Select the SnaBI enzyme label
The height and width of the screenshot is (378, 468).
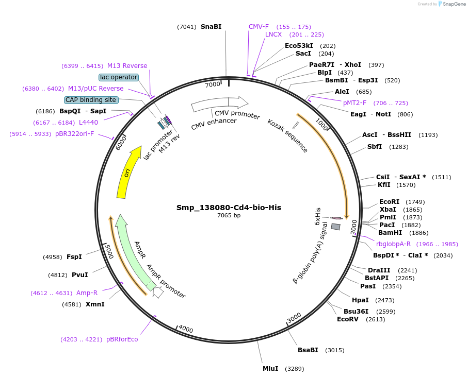coord(211,27)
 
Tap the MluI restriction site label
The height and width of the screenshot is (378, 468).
coord(270,369)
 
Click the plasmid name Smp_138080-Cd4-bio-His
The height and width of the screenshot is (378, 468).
coord(229,208)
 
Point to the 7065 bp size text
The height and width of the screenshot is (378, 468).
coord(229,216)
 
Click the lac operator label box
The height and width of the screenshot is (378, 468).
coord(119,77)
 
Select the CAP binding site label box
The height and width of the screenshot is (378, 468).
coord(91,100)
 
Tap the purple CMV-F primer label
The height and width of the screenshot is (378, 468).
coord(259,27)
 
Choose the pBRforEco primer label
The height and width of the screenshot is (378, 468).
coord(122,339)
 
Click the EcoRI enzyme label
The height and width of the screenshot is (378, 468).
coord(389,202)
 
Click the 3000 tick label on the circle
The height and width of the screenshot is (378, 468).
coord(294,318)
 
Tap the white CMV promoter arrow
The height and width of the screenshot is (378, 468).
coord(219,104)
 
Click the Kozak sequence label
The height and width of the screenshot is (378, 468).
coord(287,136)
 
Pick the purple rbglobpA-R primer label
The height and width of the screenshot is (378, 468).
coord(393,244)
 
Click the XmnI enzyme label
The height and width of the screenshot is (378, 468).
coord(95,304)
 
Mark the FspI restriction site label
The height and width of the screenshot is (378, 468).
coord(74,256)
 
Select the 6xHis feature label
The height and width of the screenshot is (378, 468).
coord(318,217)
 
